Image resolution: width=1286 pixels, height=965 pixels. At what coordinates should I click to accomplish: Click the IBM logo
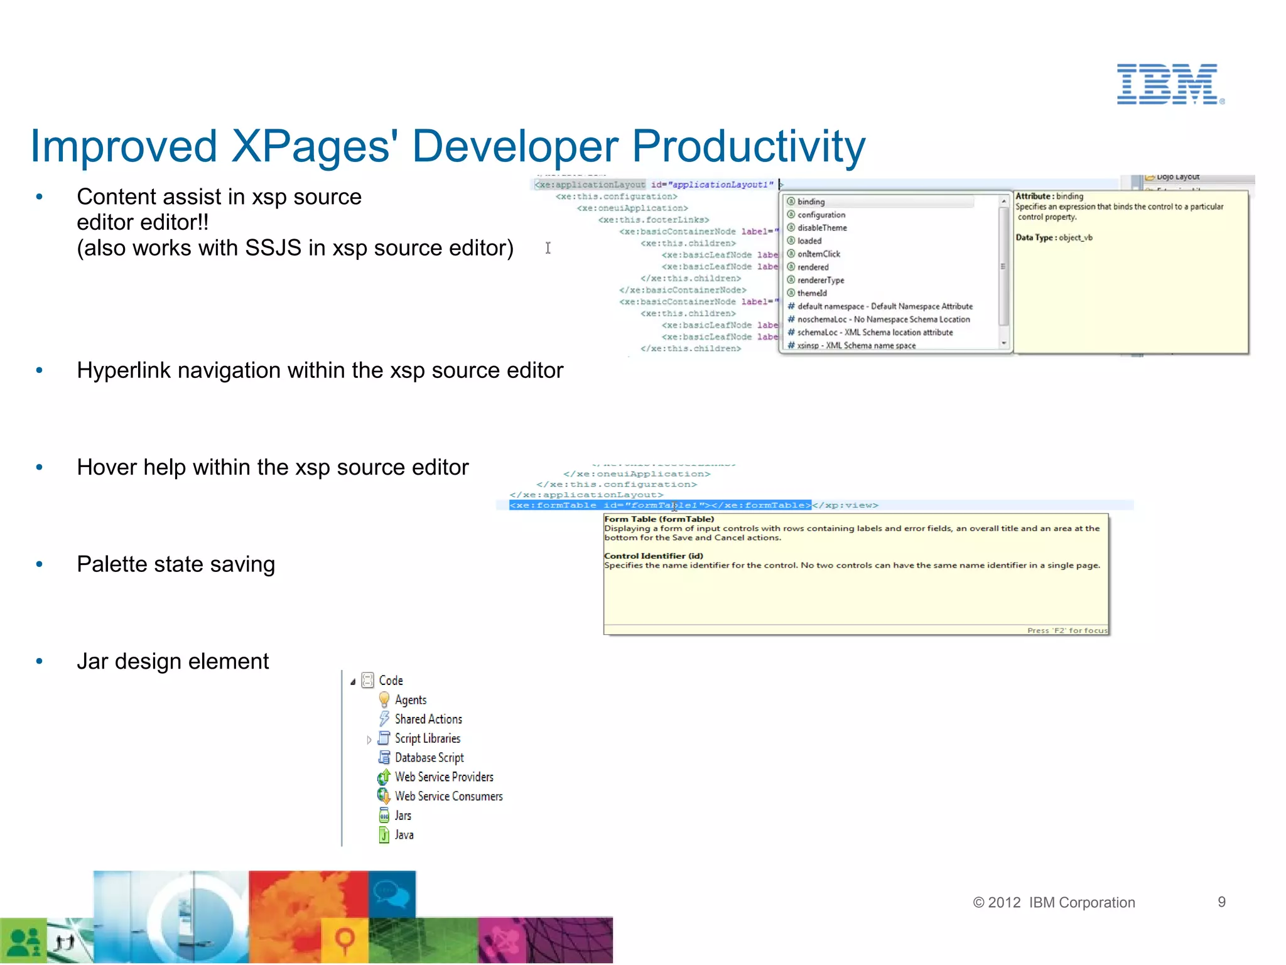click(1169, 84)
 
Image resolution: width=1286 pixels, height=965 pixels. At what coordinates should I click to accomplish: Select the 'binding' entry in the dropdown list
click(811, 202)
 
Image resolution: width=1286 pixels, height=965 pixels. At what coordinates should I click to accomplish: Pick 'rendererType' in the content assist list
click(820, 280)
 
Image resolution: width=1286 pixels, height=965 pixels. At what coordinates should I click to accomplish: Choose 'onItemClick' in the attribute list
click(818, 254)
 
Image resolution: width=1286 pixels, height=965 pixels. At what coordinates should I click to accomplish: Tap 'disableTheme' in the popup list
click(821, 228)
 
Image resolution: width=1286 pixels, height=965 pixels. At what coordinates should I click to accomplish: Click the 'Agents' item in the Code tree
click(410, 700)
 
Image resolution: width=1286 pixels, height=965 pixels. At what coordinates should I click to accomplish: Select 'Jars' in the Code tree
click(403, 816)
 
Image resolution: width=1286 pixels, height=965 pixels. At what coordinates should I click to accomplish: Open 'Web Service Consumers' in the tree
click(448, 796)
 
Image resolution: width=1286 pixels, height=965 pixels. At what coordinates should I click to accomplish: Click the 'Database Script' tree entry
click(429, 758)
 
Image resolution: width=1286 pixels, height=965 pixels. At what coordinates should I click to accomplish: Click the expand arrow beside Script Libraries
click(369, 740)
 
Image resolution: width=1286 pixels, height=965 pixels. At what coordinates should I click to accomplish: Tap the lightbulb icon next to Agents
click(384, 699)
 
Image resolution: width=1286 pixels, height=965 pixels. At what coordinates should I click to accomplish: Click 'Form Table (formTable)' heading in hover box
click(659, 519)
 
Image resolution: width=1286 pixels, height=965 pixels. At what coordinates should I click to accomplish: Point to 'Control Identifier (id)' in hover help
click(653, 556)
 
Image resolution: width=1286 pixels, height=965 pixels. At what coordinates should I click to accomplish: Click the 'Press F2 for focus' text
click(1067, 630)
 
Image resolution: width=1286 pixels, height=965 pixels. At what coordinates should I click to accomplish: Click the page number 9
click(1221, 902)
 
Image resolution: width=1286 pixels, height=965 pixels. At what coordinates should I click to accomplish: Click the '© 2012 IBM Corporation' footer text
click(1054, 903)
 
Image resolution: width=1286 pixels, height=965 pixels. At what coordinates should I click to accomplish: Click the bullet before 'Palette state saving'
click(40, 564)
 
